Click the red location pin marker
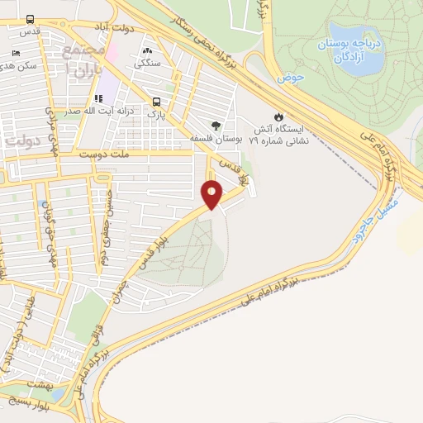pyautogui.click(x=212, y=192)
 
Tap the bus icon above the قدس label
pyautogui.click(x=31, y=19)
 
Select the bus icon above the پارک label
pyautogui.click(x=155, y=102)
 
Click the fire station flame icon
pyautogui.click(x=280, y=116)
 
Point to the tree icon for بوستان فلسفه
pyautogui.click(x=216, y=126)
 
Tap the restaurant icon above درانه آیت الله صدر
pyautogui.click(x=99, y=99)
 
